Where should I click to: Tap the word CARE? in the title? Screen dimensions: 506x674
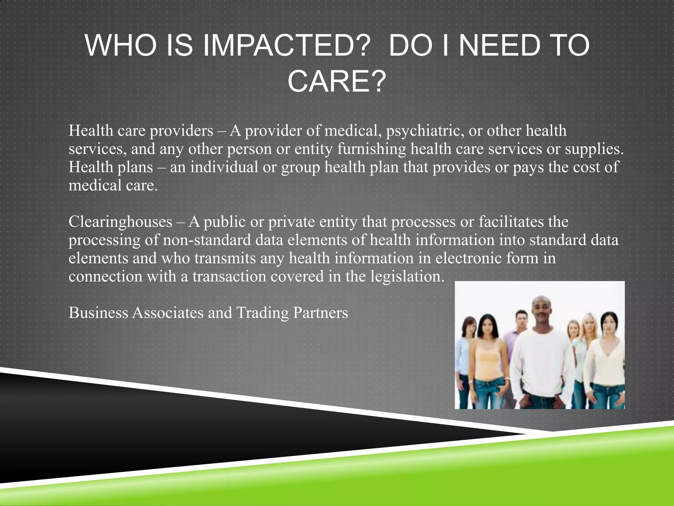[336, 82]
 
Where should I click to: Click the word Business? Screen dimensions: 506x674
[98, 312]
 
